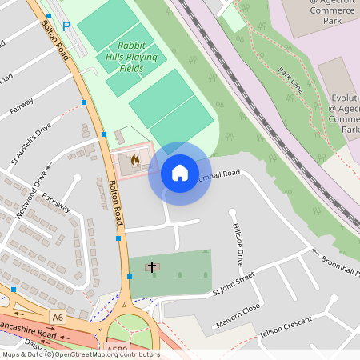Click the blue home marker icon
tap(180, 173)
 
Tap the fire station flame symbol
tap(134, 160)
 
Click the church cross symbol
tap(151, 266)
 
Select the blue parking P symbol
tap(66, 26)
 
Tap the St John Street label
tap(233, 286)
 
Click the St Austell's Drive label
tap(31, 144)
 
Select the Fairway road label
tap(20, 106)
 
